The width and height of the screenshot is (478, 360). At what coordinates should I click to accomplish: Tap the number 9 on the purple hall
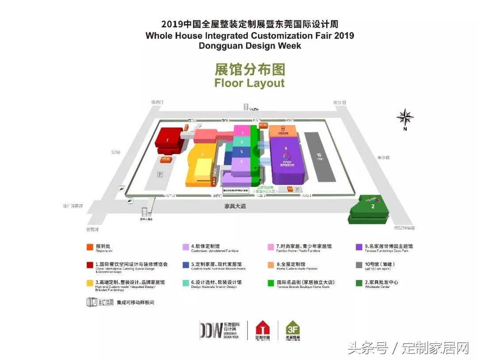tap(286, 148)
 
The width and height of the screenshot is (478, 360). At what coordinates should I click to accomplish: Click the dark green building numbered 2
tap(373, 206)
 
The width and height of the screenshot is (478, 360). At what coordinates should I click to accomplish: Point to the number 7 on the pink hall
tap(242, 133)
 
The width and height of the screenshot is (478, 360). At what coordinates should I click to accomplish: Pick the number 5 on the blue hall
tap(242, 152)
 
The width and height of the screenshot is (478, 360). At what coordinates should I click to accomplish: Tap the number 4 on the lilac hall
tap(242, 162)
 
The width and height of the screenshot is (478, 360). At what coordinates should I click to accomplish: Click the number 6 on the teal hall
tap(242, 142)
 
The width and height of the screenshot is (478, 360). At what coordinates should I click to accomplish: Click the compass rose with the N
tap(405, 118)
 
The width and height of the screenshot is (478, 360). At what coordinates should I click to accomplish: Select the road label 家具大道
tap(235, 206)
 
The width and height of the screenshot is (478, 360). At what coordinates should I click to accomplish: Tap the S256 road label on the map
tap(116, 152)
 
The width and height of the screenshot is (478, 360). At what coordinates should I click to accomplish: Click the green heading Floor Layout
tap(250, 83)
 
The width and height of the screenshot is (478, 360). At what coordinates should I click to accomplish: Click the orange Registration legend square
tap(89, 247)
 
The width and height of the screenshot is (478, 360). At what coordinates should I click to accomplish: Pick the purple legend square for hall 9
tap(359, 247)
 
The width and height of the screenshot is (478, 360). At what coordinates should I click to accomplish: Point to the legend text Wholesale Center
tap(378, 287)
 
